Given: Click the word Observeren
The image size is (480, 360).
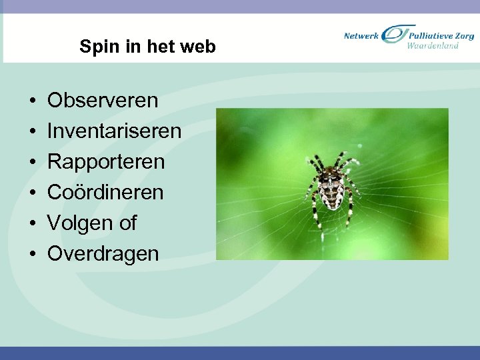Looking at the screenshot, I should pos(103,101).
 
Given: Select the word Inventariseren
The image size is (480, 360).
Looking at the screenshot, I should pos(114,131).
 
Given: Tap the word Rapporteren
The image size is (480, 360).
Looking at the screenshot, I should pos(105,162).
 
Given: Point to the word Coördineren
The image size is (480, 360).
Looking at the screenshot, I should pos(105,193).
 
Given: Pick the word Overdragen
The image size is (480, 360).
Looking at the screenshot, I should pos(103,254).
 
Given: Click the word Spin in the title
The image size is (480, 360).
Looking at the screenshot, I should pos(95,47).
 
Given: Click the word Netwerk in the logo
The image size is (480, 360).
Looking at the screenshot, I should pos(361,35).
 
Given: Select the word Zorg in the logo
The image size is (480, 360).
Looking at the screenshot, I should pos(465,35).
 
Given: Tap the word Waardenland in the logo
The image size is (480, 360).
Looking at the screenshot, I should pos(433,46).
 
